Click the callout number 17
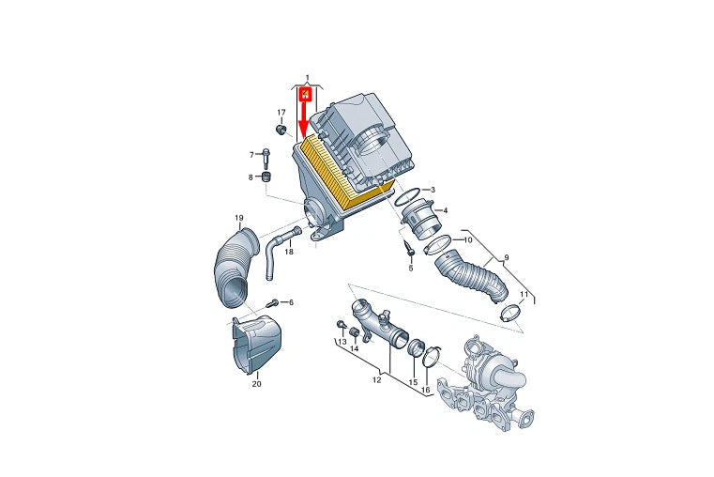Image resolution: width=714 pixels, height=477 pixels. click(281, 113)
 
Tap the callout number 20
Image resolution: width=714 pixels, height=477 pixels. click(257, 384)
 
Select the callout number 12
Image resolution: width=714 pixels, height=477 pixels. click(376, 380)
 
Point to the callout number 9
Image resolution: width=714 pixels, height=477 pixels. click(507, 258)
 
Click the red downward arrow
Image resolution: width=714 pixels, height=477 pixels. click(305, 114)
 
